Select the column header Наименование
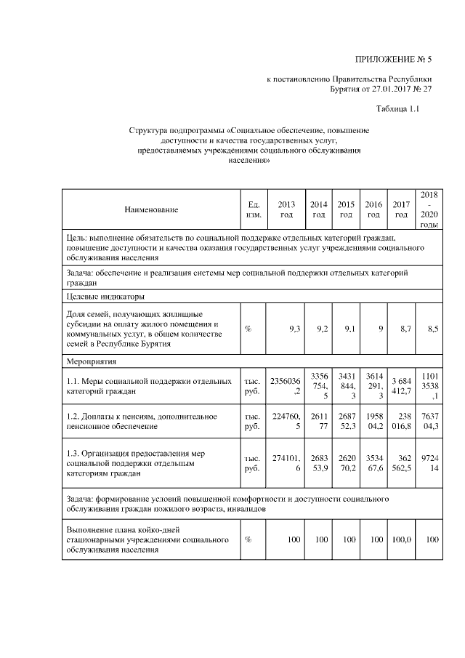point(151,209)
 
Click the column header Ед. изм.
point(253,209)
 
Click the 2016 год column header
point(373,209)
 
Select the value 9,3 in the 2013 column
point(294,329)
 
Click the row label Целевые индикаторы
point(100,297)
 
